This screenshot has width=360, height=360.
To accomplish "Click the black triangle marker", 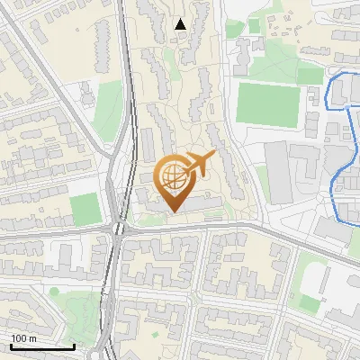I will tap(181, 24).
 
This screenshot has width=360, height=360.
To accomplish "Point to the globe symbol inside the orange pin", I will tap(172, 175).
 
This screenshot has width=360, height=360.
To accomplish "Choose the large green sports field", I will tap(266, 103).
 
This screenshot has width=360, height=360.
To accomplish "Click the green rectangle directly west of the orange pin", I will tap(85, 209).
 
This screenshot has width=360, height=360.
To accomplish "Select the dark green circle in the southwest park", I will tap(54, 292).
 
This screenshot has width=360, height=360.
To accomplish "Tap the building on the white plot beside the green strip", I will tap(86, 92).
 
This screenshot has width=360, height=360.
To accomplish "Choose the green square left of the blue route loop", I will tap(311, 76).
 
